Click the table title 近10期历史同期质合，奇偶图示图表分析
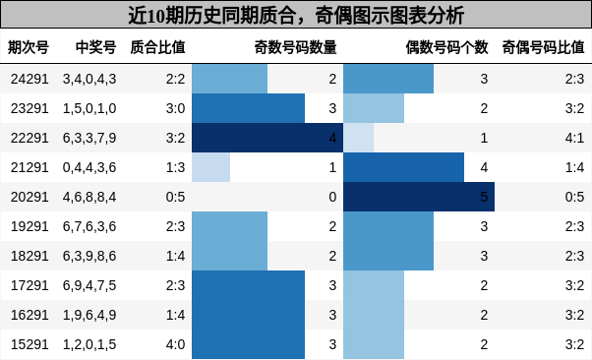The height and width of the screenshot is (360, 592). coord(296,16)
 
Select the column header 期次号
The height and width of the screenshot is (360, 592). coord(29,47)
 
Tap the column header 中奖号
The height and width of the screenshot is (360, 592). coord(95,47)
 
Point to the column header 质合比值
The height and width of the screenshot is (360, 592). coord(157,47)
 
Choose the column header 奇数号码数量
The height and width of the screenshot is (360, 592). coord(295,47)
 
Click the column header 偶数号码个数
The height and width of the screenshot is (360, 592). coord(446,47)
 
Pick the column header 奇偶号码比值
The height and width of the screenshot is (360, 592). coord(543,47)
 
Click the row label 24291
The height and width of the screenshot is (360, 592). coord(30,79)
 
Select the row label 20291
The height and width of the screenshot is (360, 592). coord(30,197)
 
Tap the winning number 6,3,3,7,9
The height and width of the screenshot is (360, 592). coord(89,138)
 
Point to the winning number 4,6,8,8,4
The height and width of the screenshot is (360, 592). coord(89,197)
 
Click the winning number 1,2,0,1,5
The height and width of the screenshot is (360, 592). coord(89,344)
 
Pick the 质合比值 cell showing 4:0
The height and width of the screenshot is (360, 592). coord(176,344)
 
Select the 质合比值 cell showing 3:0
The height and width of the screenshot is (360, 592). coord(176,108)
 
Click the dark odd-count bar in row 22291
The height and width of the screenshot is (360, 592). coord(266,138)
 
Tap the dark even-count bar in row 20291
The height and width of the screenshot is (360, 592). coord(418,197)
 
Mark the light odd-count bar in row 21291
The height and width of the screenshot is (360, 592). coord(210,167)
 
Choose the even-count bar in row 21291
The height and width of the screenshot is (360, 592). coord(403,167)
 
